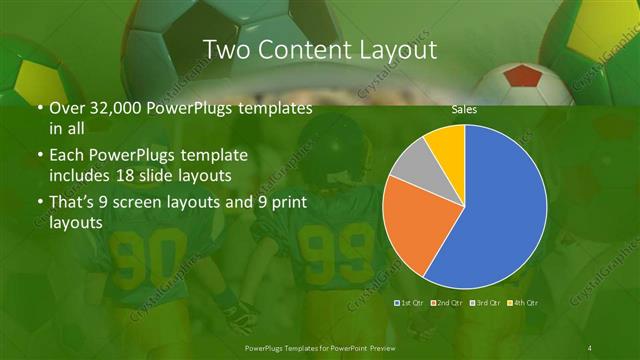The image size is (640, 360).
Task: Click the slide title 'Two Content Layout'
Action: tap(319, 49)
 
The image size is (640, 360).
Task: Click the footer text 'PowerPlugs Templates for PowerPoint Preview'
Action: tap(320, 345)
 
